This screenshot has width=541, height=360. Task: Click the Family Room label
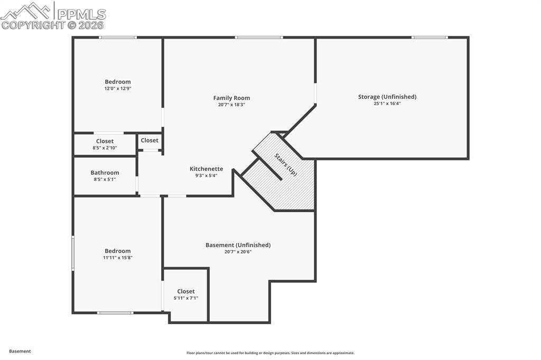[x=231, y=98]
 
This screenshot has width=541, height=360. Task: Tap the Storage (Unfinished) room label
[x=387, y=97]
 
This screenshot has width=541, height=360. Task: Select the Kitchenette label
[x=206, y=169]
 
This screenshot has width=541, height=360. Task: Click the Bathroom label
[x=105, y=173]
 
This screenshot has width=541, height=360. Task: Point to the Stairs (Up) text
[x=285, y=164]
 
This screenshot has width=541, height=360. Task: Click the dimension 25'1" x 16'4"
[x=387, y=103]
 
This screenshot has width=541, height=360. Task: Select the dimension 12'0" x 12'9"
[x=117, y=89]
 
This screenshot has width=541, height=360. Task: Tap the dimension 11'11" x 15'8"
[x=117, y=258]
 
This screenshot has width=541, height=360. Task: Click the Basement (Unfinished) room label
[x=238, y=245]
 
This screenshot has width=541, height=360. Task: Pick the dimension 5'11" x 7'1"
[x=185, y=298]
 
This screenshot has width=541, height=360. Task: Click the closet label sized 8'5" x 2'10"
[x=105, y=141]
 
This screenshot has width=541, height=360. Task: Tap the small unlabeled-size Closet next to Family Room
[x=150, y=140]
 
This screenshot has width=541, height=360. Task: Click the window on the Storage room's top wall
[x=430, y=37]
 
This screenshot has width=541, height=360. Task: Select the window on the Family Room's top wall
[x=258, y=37]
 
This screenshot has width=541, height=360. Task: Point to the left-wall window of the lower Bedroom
[x=73, y=253]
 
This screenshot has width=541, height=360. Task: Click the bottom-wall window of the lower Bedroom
[x=115, y=313]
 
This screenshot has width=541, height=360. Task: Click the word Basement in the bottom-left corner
[x=20, y=351]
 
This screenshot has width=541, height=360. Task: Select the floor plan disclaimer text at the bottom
[x=270, y=353]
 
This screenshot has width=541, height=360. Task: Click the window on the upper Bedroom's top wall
[x=118, y=37]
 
